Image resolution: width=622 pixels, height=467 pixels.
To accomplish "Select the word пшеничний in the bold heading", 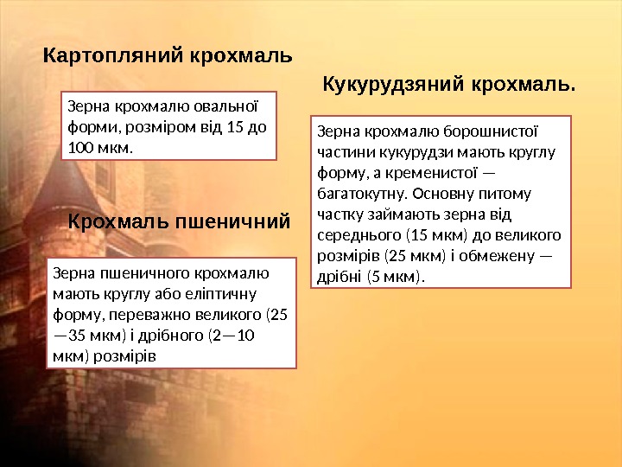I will click(233, 222).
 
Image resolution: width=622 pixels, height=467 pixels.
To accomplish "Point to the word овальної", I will click(231, 108).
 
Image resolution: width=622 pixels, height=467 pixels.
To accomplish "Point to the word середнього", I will click(354, 235).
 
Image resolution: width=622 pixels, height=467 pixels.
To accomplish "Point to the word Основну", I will click(470, 194).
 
